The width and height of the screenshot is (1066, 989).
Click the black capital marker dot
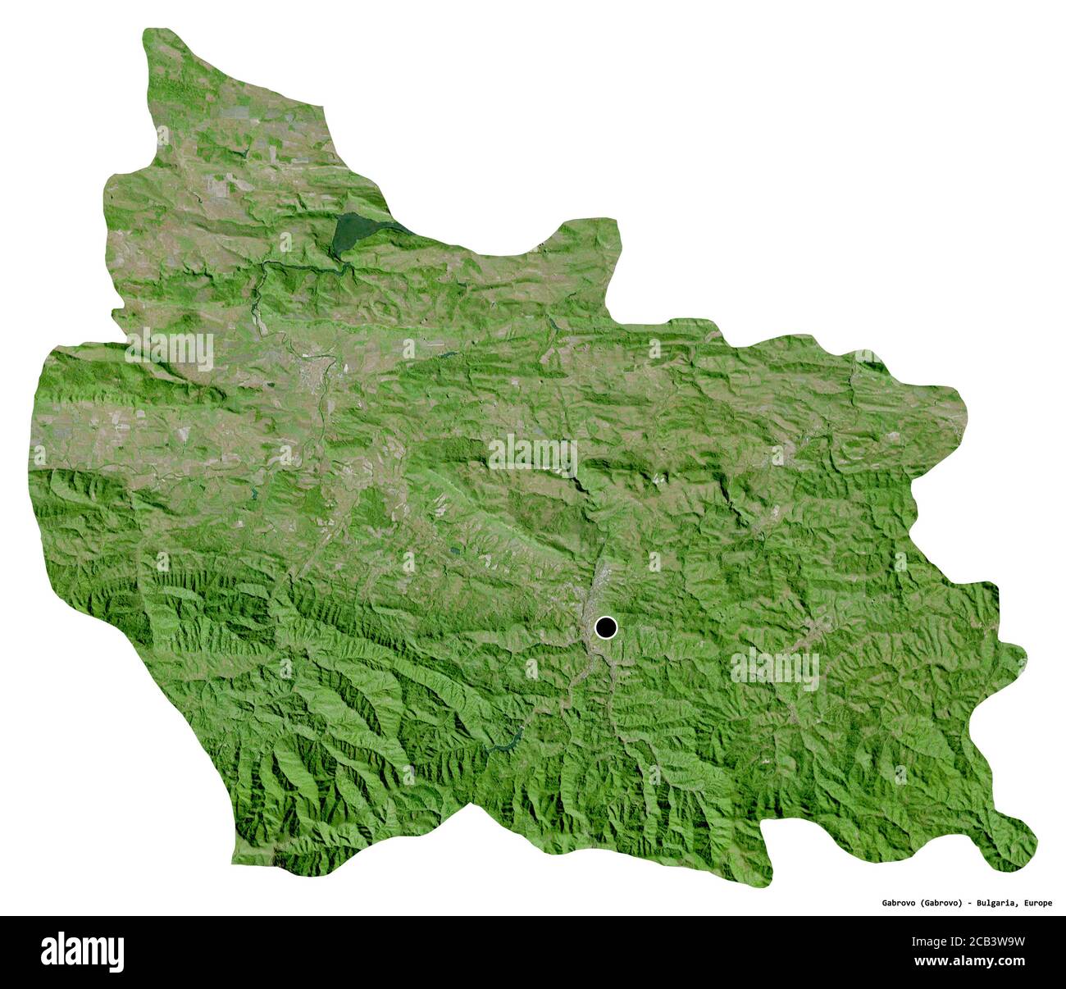click(605, 628)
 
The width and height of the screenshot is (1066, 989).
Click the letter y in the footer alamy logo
click(116, 955)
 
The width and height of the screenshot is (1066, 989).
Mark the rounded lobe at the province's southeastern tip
click(1017, 849)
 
